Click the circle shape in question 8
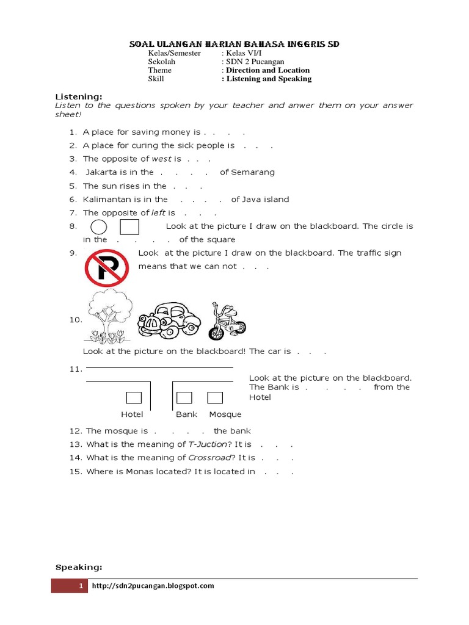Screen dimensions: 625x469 tap(99, 228)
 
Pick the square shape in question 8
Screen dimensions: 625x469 tap(129, 227)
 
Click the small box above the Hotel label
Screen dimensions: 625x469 tap(134, 398)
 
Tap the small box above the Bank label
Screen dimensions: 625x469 tap(184, 398)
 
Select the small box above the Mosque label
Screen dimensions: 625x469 tap(215, 398)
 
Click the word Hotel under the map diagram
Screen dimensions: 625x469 tap(132, 414)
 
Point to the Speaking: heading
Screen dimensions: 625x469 tap(79, 568)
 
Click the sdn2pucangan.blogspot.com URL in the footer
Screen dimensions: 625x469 tap(153, 586)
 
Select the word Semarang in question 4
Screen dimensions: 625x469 tap(253, 172)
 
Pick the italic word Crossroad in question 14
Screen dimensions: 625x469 tap(210, 458)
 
